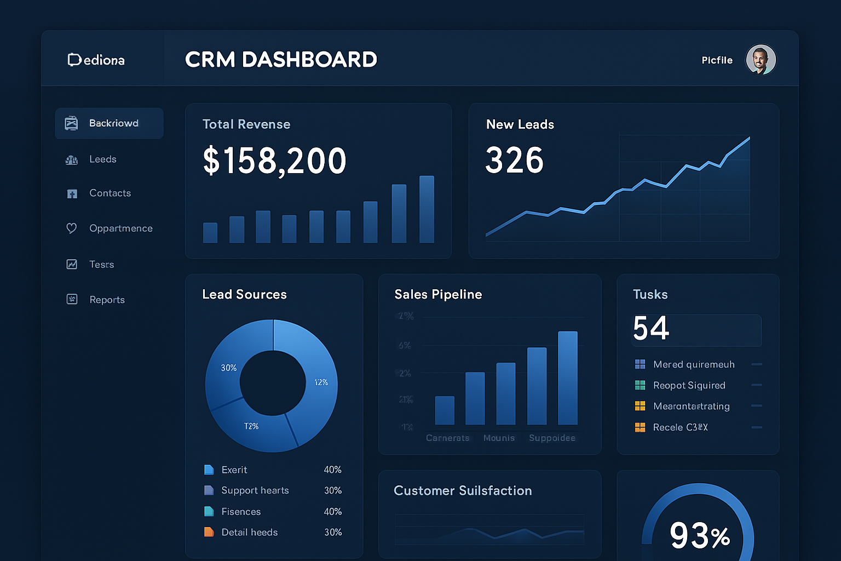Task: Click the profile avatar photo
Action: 761,59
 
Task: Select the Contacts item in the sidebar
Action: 110,193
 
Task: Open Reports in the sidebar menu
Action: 107,300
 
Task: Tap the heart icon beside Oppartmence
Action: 72,228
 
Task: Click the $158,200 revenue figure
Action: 274,161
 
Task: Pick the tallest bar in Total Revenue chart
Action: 427,209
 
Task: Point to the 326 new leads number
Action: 514,161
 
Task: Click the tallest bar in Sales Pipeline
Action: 567,378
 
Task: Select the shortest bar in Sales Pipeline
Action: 444,410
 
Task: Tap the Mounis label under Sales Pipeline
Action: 499,438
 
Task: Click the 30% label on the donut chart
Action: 229,368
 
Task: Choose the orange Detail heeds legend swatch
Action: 209,532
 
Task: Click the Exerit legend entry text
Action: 234,470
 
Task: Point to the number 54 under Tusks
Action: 651,329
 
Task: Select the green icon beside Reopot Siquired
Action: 640,385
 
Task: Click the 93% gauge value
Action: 699,535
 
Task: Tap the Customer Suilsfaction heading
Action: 463,491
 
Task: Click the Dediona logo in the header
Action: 96,60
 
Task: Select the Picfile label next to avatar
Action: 717,60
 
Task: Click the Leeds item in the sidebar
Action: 102,159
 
